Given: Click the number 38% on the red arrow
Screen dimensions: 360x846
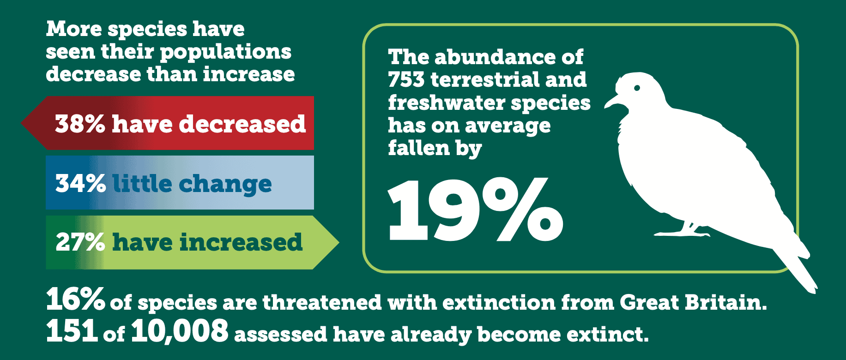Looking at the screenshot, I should (x=80, y=124).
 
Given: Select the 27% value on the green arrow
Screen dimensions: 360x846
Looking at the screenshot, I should (x=80, y=242).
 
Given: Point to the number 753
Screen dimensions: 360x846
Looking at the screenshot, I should (x=406, y=80).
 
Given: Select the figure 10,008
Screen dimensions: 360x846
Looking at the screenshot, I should (x=180, y=331).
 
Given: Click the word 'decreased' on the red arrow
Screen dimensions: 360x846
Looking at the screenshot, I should (x=242, y=124).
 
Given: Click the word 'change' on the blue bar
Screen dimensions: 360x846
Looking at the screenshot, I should (x=225, y=184).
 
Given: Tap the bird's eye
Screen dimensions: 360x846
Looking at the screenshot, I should (x=637, y=88).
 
